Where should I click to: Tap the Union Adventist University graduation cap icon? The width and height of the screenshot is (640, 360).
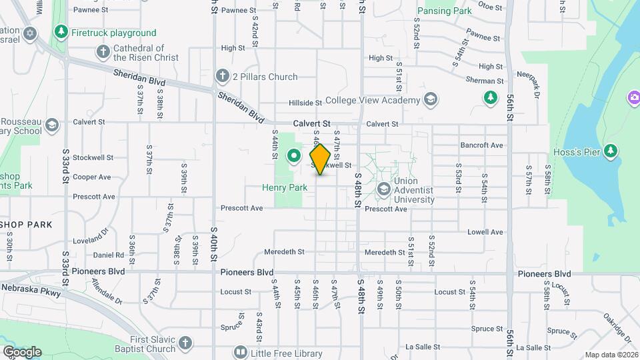tap(383, 190)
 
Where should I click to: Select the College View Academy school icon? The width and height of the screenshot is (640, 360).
tap(430, 100)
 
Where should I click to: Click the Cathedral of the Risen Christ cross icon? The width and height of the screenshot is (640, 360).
tap(103, 51)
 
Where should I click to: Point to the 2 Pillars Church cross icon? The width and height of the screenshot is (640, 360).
tap(222, 77)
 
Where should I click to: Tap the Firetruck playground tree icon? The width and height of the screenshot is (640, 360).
tap(61, 32)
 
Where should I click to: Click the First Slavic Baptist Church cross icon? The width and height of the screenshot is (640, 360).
tap(185, 343)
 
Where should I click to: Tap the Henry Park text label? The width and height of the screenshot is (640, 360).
tap(285, 188)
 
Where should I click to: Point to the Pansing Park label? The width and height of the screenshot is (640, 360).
tap(444, 11)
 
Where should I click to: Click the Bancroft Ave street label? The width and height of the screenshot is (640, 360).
tap(481, 145)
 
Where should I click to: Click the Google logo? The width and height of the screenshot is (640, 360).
tap(22, 352)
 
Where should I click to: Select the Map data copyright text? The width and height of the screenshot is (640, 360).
tap(611, 355)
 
